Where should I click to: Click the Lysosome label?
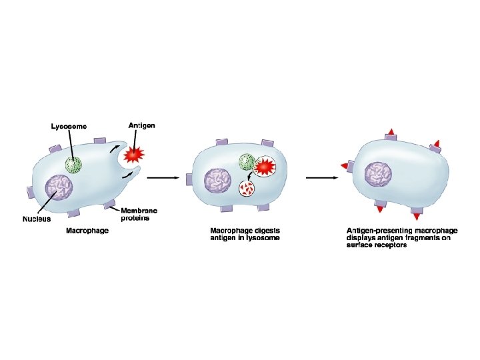pos(69,127)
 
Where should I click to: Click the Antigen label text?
pos(142,125)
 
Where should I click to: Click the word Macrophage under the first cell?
pos(87,231)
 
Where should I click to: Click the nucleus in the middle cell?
pos(217,182)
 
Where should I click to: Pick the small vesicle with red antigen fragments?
pos(248,191)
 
